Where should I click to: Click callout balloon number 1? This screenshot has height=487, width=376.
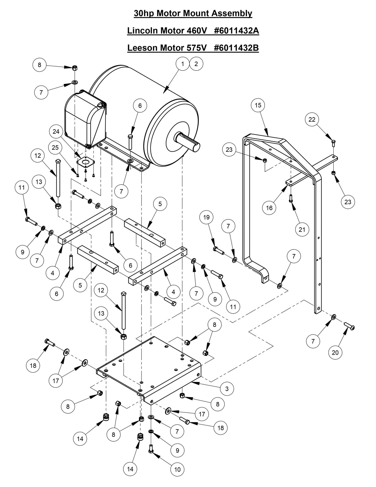pos(183,64)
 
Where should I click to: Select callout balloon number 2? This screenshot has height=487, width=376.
pos(196,64)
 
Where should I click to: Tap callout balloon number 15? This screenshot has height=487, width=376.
pos(258,105)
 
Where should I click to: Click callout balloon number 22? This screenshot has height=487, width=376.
pos(312,119)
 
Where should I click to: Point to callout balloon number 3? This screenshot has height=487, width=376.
pos(227,389)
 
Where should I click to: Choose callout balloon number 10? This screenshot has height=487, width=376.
pos(177,469)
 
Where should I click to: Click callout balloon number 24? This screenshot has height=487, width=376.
pos(56,132)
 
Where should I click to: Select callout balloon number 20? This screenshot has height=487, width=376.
pos(335,352)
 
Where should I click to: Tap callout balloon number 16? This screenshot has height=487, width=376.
pos(269,208)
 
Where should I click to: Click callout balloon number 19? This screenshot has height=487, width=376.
pos(206,217)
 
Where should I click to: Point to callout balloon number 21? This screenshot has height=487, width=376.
pos(302,229)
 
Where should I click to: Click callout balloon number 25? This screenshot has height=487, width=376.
pos(55,147)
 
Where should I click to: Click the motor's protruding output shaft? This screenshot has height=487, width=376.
pos(189,142)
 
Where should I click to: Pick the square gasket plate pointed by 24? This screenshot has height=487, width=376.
pos(85,163)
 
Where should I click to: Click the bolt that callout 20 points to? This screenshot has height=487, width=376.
pos(349,326)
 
